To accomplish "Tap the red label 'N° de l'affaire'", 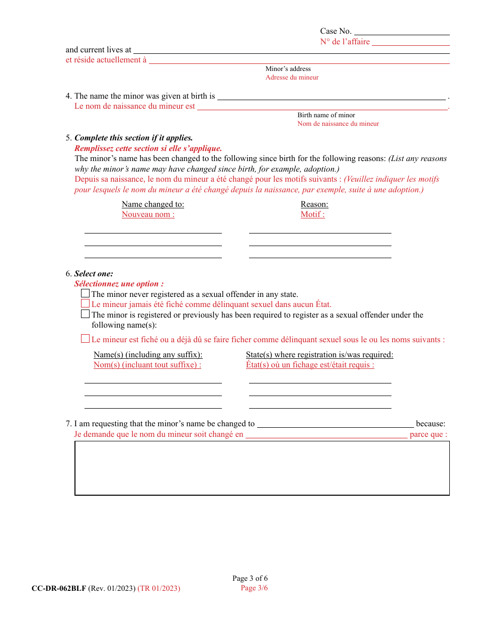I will click(345, 42).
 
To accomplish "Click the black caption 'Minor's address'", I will click(288, 69).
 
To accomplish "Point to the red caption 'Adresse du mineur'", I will click(292, 78).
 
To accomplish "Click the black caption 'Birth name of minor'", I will click(326, 115).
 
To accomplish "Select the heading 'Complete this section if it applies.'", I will click(133, 138).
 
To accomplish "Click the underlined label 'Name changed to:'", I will click(153, 204).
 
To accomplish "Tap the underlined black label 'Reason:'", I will click(314, 204).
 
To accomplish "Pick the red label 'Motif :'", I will click(312, 214).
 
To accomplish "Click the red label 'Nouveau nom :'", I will click(148, 214).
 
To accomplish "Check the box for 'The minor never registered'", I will click(86, 293).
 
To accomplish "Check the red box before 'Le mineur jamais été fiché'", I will click(86, 303).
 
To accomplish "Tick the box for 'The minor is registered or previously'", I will click(86, 314).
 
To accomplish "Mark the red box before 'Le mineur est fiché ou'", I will click(86, 339).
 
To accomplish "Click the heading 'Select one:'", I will click(94, 274).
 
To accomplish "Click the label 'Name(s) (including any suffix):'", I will click(148, 355).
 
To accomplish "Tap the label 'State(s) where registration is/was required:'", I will click(320, 355).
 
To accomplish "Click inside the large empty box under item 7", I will click(262, 468).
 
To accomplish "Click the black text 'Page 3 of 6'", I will click(250, 579).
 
